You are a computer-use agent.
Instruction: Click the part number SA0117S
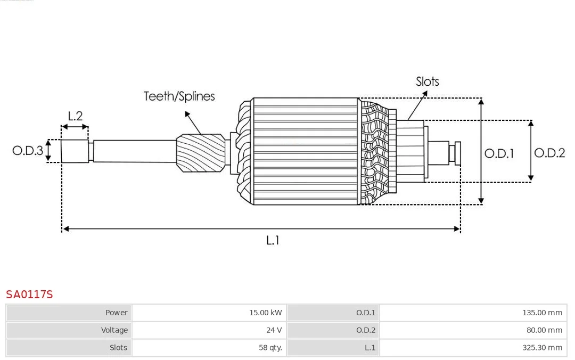29,294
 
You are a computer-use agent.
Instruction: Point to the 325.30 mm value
541,348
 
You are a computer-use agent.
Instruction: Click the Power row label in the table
116,313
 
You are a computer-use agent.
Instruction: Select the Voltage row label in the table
114,330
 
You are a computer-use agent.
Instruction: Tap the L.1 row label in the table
370,348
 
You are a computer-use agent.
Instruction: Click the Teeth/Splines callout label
179,96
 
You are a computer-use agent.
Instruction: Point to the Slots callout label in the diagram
427,81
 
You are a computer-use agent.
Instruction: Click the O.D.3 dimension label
28,151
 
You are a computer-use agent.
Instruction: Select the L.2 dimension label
75,116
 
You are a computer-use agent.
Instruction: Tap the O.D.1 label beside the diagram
499,153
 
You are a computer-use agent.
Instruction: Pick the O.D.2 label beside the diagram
549,153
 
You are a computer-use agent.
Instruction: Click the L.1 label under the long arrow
273,240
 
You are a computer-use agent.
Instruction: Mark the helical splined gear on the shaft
200,152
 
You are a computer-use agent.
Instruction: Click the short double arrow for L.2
75,127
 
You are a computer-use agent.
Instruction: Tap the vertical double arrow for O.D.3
48,151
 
